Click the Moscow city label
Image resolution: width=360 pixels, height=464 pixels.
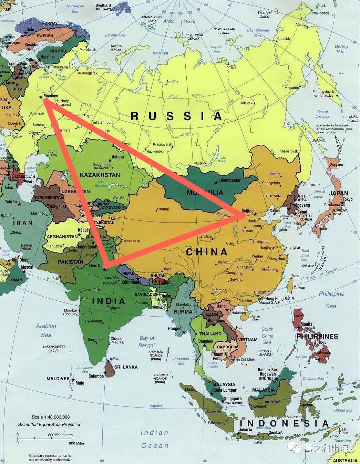point(51,96)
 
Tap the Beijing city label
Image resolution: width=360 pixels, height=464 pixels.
point(247,211)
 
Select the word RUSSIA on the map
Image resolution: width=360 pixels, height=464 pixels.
point(176,116)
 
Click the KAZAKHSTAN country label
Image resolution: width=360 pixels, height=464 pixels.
point(100,175)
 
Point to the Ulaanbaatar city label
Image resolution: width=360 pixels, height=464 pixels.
point(230,180)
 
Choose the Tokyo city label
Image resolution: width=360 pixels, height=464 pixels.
point(348,199)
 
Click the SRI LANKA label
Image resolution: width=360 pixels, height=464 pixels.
point(126,367)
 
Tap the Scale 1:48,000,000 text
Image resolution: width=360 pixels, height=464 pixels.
point(51,417)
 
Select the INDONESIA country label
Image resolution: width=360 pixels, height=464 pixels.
point(284,423)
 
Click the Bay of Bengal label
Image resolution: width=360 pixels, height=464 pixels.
point(147,342)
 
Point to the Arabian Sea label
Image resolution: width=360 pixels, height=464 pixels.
point(46,330)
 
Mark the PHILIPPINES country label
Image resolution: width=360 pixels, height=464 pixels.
point(317,336)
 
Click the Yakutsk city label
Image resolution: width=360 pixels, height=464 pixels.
point(246,103)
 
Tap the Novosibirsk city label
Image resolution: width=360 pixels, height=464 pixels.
point(155,152)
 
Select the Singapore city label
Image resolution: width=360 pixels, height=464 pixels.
point(233,399)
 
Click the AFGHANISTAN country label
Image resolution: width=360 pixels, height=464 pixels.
point(62,237)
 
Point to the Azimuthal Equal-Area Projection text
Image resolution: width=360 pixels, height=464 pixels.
point(50,424)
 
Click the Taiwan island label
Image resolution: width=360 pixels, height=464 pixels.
point(299,288)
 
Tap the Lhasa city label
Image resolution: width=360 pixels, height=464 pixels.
point(167,269)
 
